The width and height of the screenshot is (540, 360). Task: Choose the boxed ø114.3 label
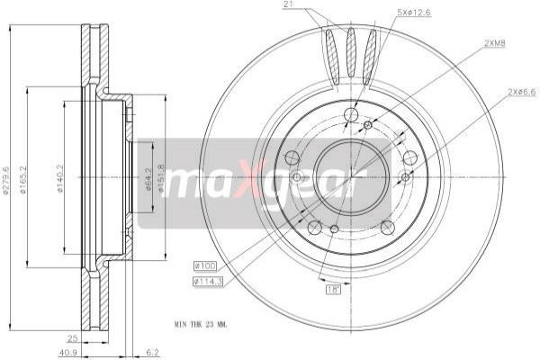[208, 283]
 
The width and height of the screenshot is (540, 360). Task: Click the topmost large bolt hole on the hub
[351, 114]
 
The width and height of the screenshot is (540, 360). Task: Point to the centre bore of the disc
[348, 177]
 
